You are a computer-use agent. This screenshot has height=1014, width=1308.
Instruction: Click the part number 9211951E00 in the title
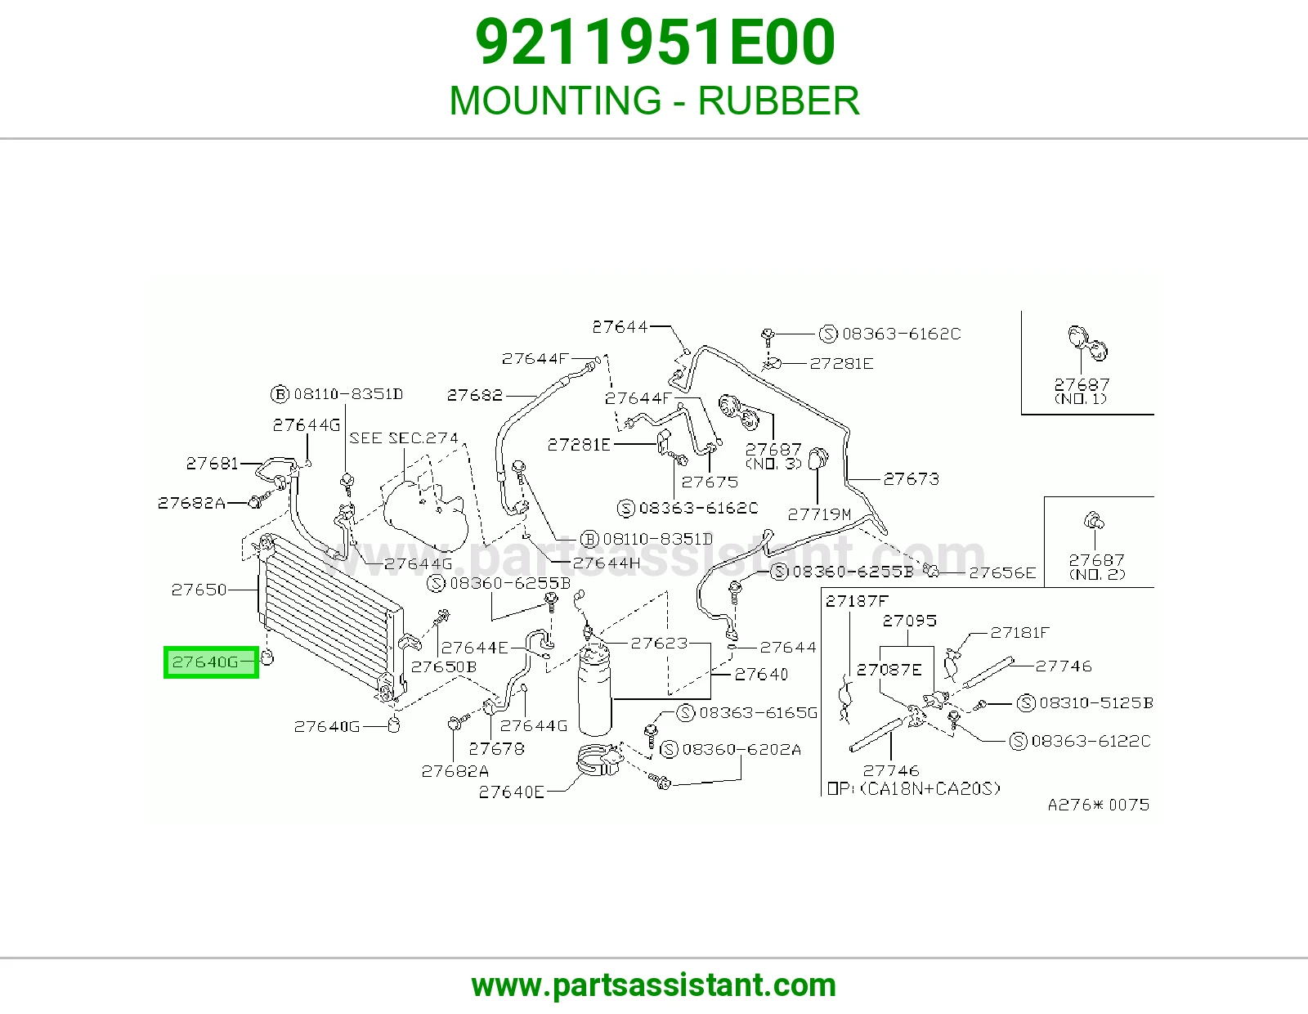click(x=655, y=43)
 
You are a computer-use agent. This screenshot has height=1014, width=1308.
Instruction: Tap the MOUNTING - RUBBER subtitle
click(x=654, y=101)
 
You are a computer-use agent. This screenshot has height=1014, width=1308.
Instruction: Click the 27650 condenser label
click(x=199, y=590)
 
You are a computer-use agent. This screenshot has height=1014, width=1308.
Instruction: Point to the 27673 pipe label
click(x=912, y=479)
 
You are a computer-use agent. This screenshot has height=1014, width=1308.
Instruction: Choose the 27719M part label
click(x=819, y=514)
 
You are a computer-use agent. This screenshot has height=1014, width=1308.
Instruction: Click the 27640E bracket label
click(x=512, y=792)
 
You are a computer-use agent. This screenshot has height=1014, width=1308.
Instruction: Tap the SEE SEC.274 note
click(x=404, y=437)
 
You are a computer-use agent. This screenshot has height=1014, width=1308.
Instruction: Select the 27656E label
click(x=1003, y=572)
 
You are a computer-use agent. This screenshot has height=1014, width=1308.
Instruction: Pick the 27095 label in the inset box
click(x=910, y=620)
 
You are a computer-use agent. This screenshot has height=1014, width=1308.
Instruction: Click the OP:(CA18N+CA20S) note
click(x=914, y=788)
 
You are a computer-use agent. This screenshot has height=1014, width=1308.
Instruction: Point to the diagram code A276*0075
click(x=1099, y=805)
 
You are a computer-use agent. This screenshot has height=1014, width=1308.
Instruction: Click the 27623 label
click(x=659, y=643)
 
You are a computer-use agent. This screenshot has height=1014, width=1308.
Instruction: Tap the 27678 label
click(x=496, y=748)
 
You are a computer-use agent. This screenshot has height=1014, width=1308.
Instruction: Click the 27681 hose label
click(x=213, y=463)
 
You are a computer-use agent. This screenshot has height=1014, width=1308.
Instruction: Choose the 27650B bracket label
click(x=444, y=666)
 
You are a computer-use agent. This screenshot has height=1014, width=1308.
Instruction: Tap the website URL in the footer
click(x=654, y=985)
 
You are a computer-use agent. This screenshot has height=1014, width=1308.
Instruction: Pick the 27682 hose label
click(x=474, y=395)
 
